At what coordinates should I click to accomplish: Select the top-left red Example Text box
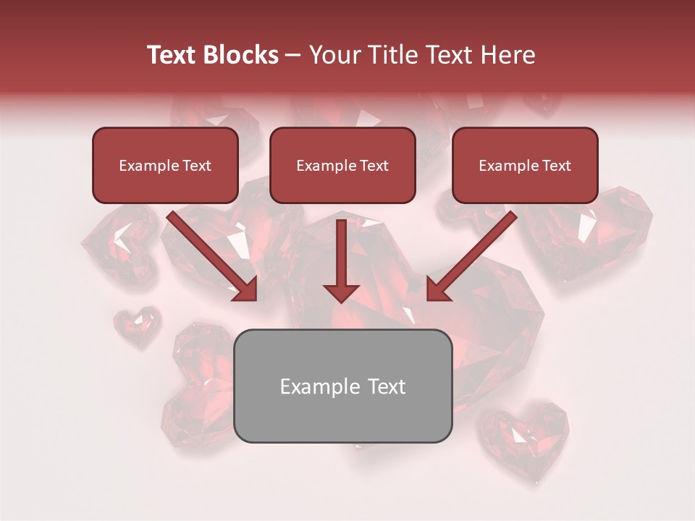click(165, 165)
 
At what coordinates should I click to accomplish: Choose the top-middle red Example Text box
click(342, 165)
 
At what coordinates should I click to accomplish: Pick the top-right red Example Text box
click(525, 165)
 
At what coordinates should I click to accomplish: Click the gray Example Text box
click(342, 386)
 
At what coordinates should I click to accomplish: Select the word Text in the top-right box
click(557, 166)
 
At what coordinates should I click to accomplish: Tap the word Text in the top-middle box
click(374, 166)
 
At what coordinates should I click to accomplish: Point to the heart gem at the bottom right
click(526, 434)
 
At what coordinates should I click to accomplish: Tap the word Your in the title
click(335, 55)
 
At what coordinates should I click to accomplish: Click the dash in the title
click(293, 55)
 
